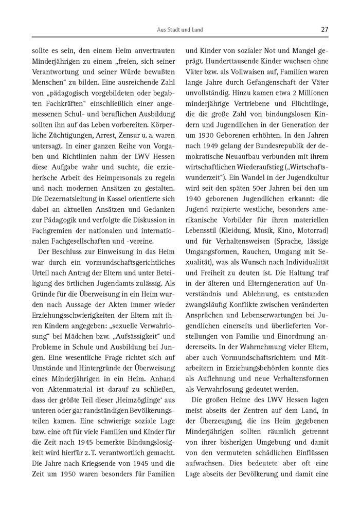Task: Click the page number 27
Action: (324, 29)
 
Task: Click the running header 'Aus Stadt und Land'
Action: (180, 30)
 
